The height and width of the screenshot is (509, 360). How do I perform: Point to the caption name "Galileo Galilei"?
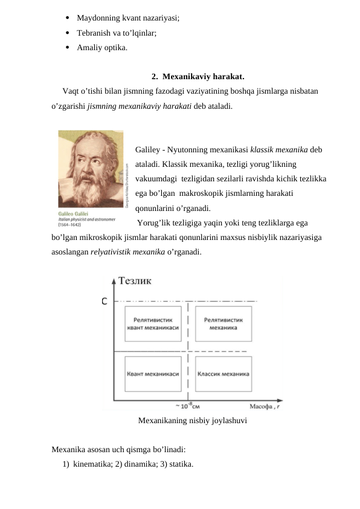[73, 213]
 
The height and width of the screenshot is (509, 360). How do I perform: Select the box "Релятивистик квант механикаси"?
[153, 324]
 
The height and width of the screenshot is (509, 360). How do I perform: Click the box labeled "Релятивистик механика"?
[223, 324]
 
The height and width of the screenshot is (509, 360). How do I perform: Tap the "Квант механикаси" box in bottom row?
[153, 374]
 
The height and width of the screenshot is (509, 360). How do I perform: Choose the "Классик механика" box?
[223, 374]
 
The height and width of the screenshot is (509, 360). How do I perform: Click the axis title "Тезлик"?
[135, 280]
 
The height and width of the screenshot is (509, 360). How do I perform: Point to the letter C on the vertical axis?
[104, 300]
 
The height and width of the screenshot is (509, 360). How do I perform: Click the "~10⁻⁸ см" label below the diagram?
[188, 406]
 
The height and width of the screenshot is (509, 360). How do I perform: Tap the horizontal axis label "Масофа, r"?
[265, 406]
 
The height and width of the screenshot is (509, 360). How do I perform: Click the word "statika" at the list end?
[179, 464]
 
